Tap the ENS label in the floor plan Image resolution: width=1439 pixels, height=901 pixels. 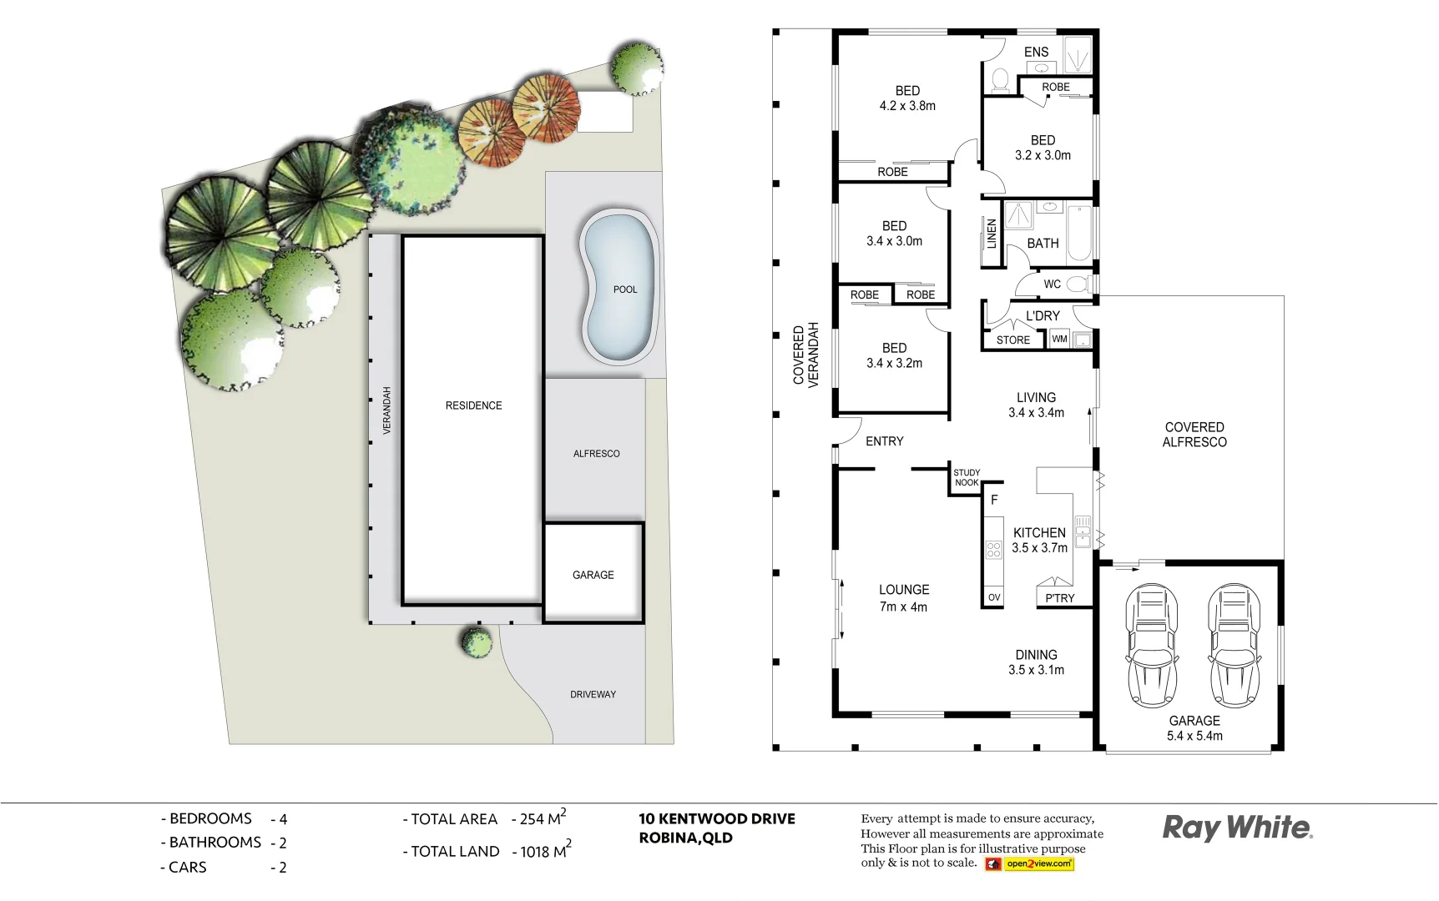click(x=1036, y=52)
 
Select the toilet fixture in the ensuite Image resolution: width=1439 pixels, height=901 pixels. click(x=999, y=80)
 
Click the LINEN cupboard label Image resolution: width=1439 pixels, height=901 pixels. click(x=992, y=234)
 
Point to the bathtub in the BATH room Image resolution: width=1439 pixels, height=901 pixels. click(x=1078, y=233)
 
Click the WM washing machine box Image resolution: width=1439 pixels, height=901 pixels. click(x=1059, y=339)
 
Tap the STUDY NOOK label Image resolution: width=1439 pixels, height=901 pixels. click(x=967, y=477)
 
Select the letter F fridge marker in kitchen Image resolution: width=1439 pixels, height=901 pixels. click(x=994, y=500)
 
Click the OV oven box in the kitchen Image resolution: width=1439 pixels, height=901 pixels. click(x=993, y=597)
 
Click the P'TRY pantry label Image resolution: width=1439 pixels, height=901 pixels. click(x=1060, y=598)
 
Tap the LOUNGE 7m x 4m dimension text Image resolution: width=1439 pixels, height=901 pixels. click(x=903, y=607)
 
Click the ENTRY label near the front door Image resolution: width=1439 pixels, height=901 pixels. click(x=884, y=441)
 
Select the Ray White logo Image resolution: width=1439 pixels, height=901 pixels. click(x=1237, y=828)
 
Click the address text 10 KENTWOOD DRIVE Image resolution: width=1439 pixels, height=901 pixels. click(x=716, y=819)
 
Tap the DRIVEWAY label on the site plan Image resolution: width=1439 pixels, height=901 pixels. click(x=593, y=694)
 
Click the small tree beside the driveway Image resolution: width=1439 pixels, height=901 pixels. click(x=477, y=642)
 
